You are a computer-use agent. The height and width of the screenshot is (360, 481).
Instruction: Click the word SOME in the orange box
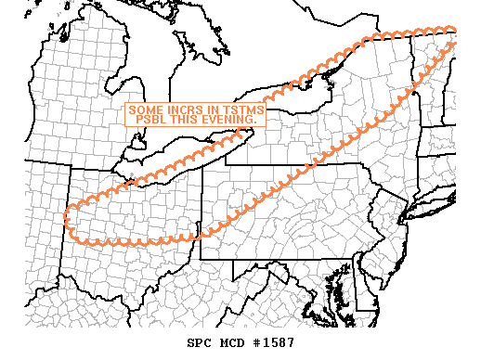[x=145, y=109]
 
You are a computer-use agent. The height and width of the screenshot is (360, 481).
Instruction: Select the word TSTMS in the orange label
[x=240, y=109]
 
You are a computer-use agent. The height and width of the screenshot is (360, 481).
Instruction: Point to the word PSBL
[x=153, y=120]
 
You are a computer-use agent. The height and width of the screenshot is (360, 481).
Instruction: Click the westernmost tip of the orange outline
[x=65, y=219]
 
